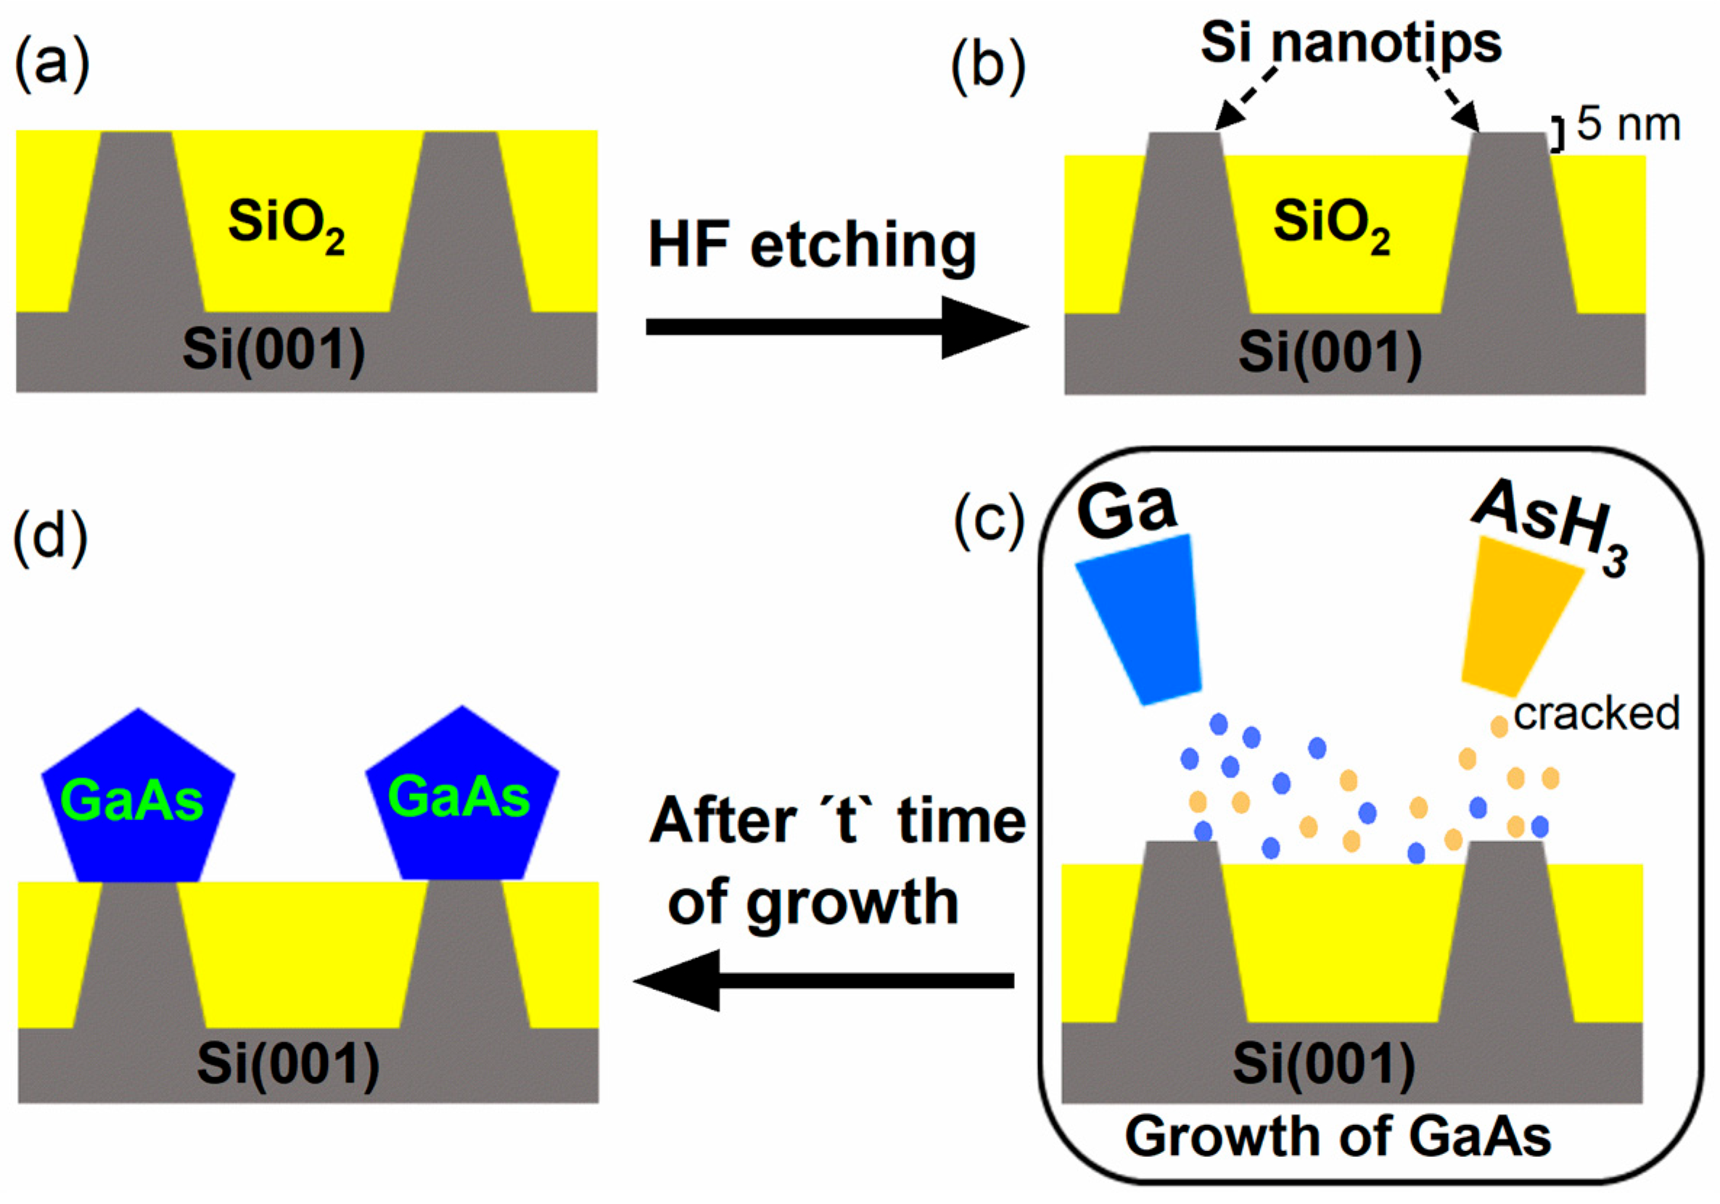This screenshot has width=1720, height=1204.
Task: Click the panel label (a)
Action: (52, 66)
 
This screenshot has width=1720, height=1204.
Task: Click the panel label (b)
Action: (987, 68)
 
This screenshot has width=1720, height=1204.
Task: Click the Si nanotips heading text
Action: (1351, 43)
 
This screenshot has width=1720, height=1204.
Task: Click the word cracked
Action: (1597, 713)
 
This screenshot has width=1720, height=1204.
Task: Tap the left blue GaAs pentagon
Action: (138, 798)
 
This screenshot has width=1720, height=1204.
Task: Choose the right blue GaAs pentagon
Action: (461, 795)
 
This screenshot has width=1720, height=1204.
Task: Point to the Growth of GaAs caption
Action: (1338, 1137)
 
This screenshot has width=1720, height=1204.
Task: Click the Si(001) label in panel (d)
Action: (289, 1063)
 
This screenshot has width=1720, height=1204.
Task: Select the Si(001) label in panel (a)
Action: (274, 350)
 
